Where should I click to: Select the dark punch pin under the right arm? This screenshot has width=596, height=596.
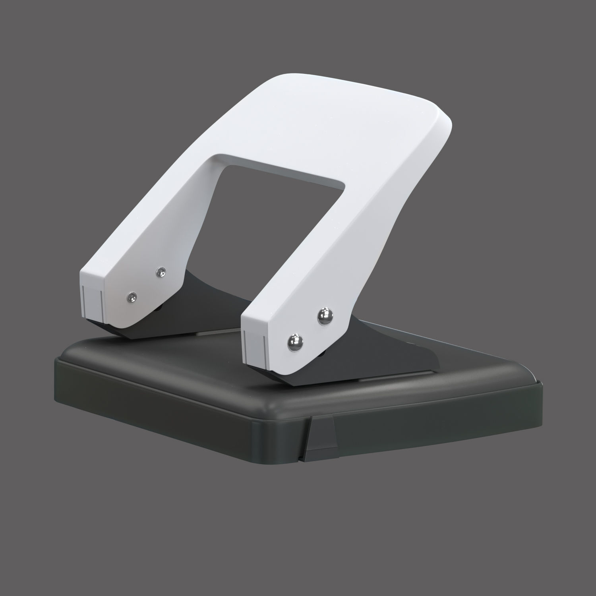(322, 353)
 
